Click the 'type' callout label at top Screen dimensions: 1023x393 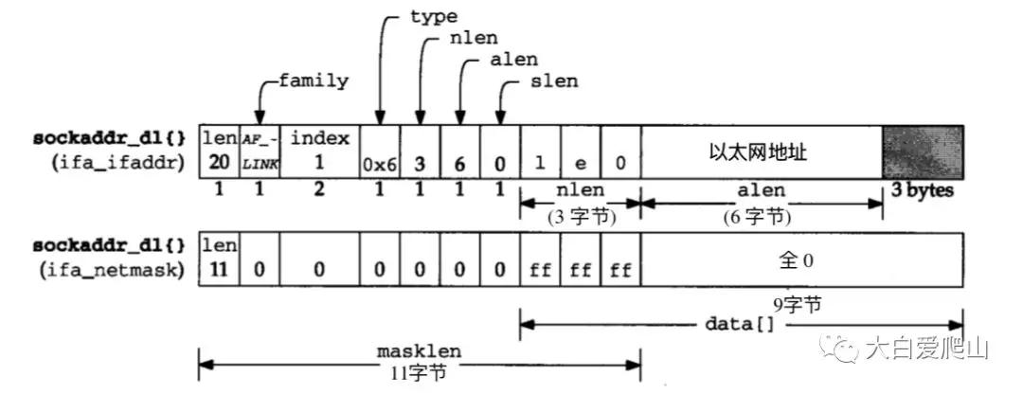[x=434, y=16]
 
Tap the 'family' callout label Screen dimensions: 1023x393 [x=313, y=80]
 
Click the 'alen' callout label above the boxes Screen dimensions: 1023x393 [x=513, y=60]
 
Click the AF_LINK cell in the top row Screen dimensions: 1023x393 [x=260, y=152]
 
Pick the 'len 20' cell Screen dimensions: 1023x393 [x=219, y=152]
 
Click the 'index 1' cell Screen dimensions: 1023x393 [x=319, y=152]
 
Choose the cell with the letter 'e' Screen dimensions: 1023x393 [x=580, y=152]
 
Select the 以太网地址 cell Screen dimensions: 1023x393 [x=762, y=152]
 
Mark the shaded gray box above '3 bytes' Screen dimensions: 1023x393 [x=923, y=152]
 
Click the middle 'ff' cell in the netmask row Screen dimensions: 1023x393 [x=580, y=269]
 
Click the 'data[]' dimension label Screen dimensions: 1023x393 [x=739, y=324]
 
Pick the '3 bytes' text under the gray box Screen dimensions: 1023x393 [x=923, y=190]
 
